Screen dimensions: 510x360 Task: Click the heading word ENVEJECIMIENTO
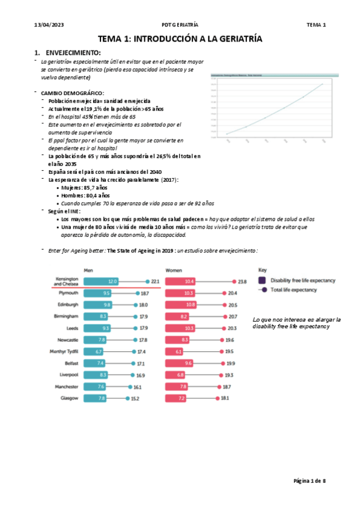[x=73, y=53]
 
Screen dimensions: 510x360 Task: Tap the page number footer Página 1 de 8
[x=309, y=481]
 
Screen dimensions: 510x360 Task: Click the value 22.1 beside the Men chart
[x=154, y=281]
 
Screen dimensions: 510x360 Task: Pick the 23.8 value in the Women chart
[x=242, y=281]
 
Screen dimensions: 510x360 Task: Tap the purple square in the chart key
[x=262, y=280]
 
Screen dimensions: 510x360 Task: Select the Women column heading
[x=174, y=271]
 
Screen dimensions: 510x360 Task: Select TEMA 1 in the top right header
[x=316, y=25]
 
